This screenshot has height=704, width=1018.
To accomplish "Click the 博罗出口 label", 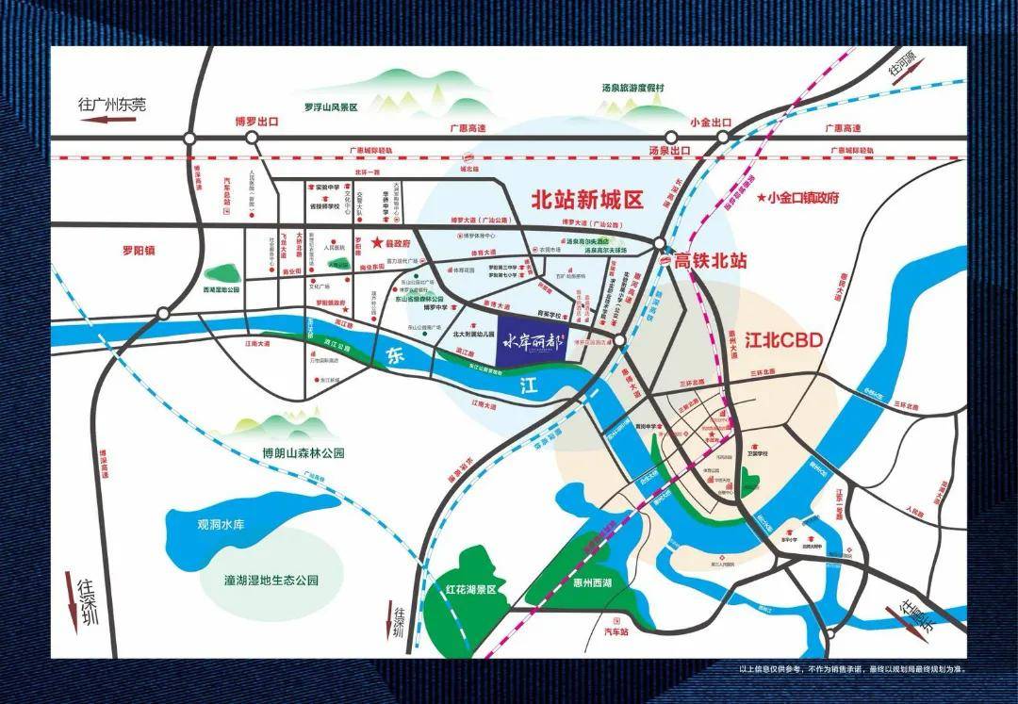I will click(x=256, y=123).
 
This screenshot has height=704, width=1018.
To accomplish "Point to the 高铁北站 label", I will click(x=710, y=261).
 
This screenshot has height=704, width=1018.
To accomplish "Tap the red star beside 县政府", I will click(x=374, y=242).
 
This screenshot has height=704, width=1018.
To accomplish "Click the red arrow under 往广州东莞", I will click(x=109, y=121).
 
